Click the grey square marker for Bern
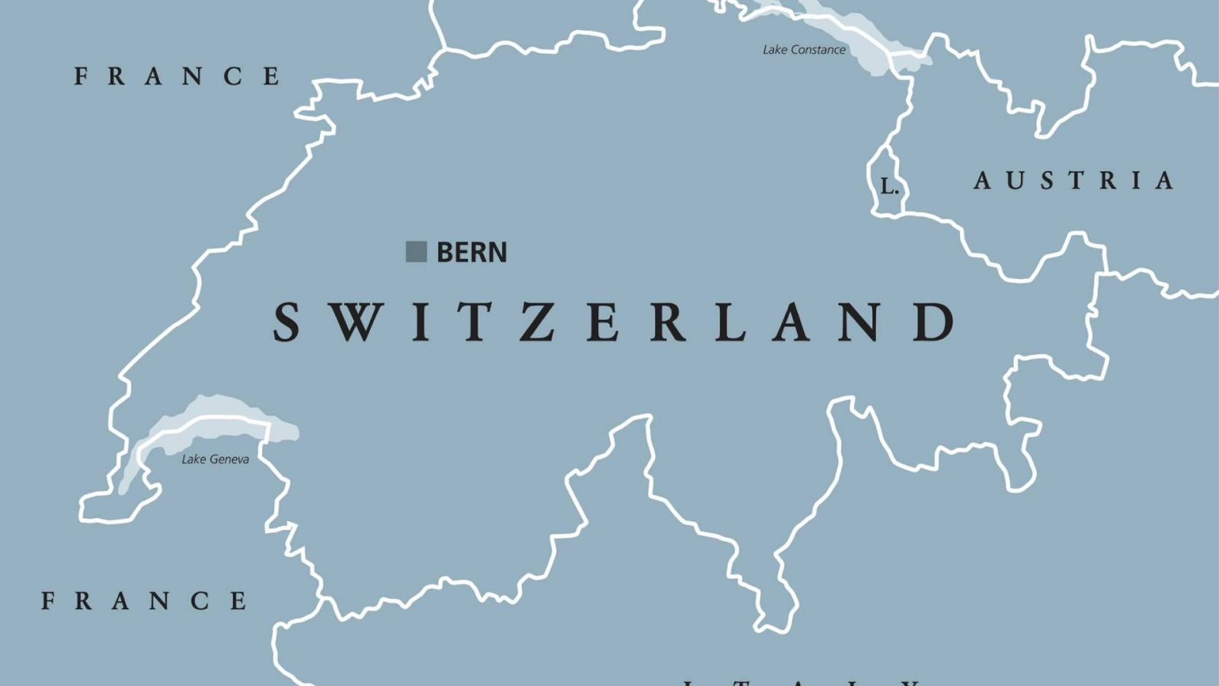pyautogui.click(x=416, y=252)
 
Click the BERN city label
pyautogui.click(x=471, y=252)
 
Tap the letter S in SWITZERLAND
pyautogui.click(x=286, y=322)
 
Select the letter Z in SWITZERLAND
pyautogui.click(x=539, y=322)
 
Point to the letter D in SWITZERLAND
pyautogui.click(x=935, y=322)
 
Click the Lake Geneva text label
pyautogui.click(x=215, y=460)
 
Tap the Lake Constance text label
pyautogui.click(x=804, y=50)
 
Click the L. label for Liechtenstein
pyautogui.click(x=889, y=186)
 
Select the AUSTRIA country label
pyautogui.click(x=1073, y=181)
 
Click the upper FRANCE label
pyautogui.click(x=178, y=76)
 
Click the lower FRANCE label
pyautogui.click(x=144, y=601)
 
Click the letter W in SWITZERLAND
pyautogui.click(x=356, y=322)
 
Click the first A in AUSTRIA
pyautogui.click(x=982, y=181)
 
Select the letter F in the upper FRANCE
pyautogui.click(x=81, y=76)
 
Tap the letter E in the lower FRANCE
pyautogui.click(x=238, y=601)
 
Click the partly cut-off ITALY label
pyautogui.click(x=800, y=681)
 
